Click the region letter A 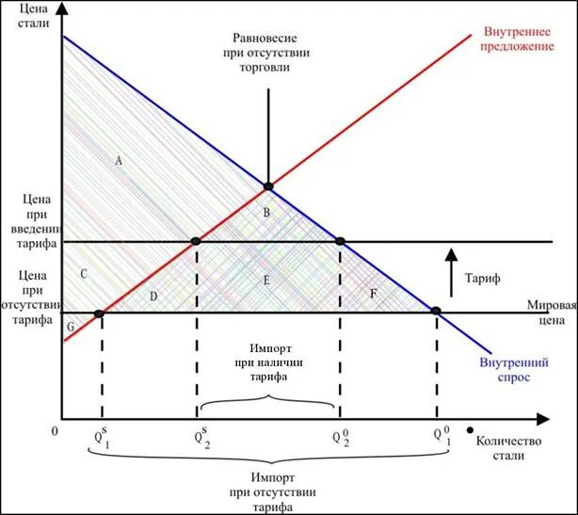(119, 161)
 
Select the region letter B (266, 213)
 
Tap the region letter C (85, 274)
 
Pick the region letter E (266, 281)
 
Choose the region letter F (374, 295)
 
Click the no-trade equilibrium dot (268, 186)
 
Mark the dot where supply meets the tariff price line (196, 242)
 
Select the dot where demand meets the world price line (436, 311)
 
